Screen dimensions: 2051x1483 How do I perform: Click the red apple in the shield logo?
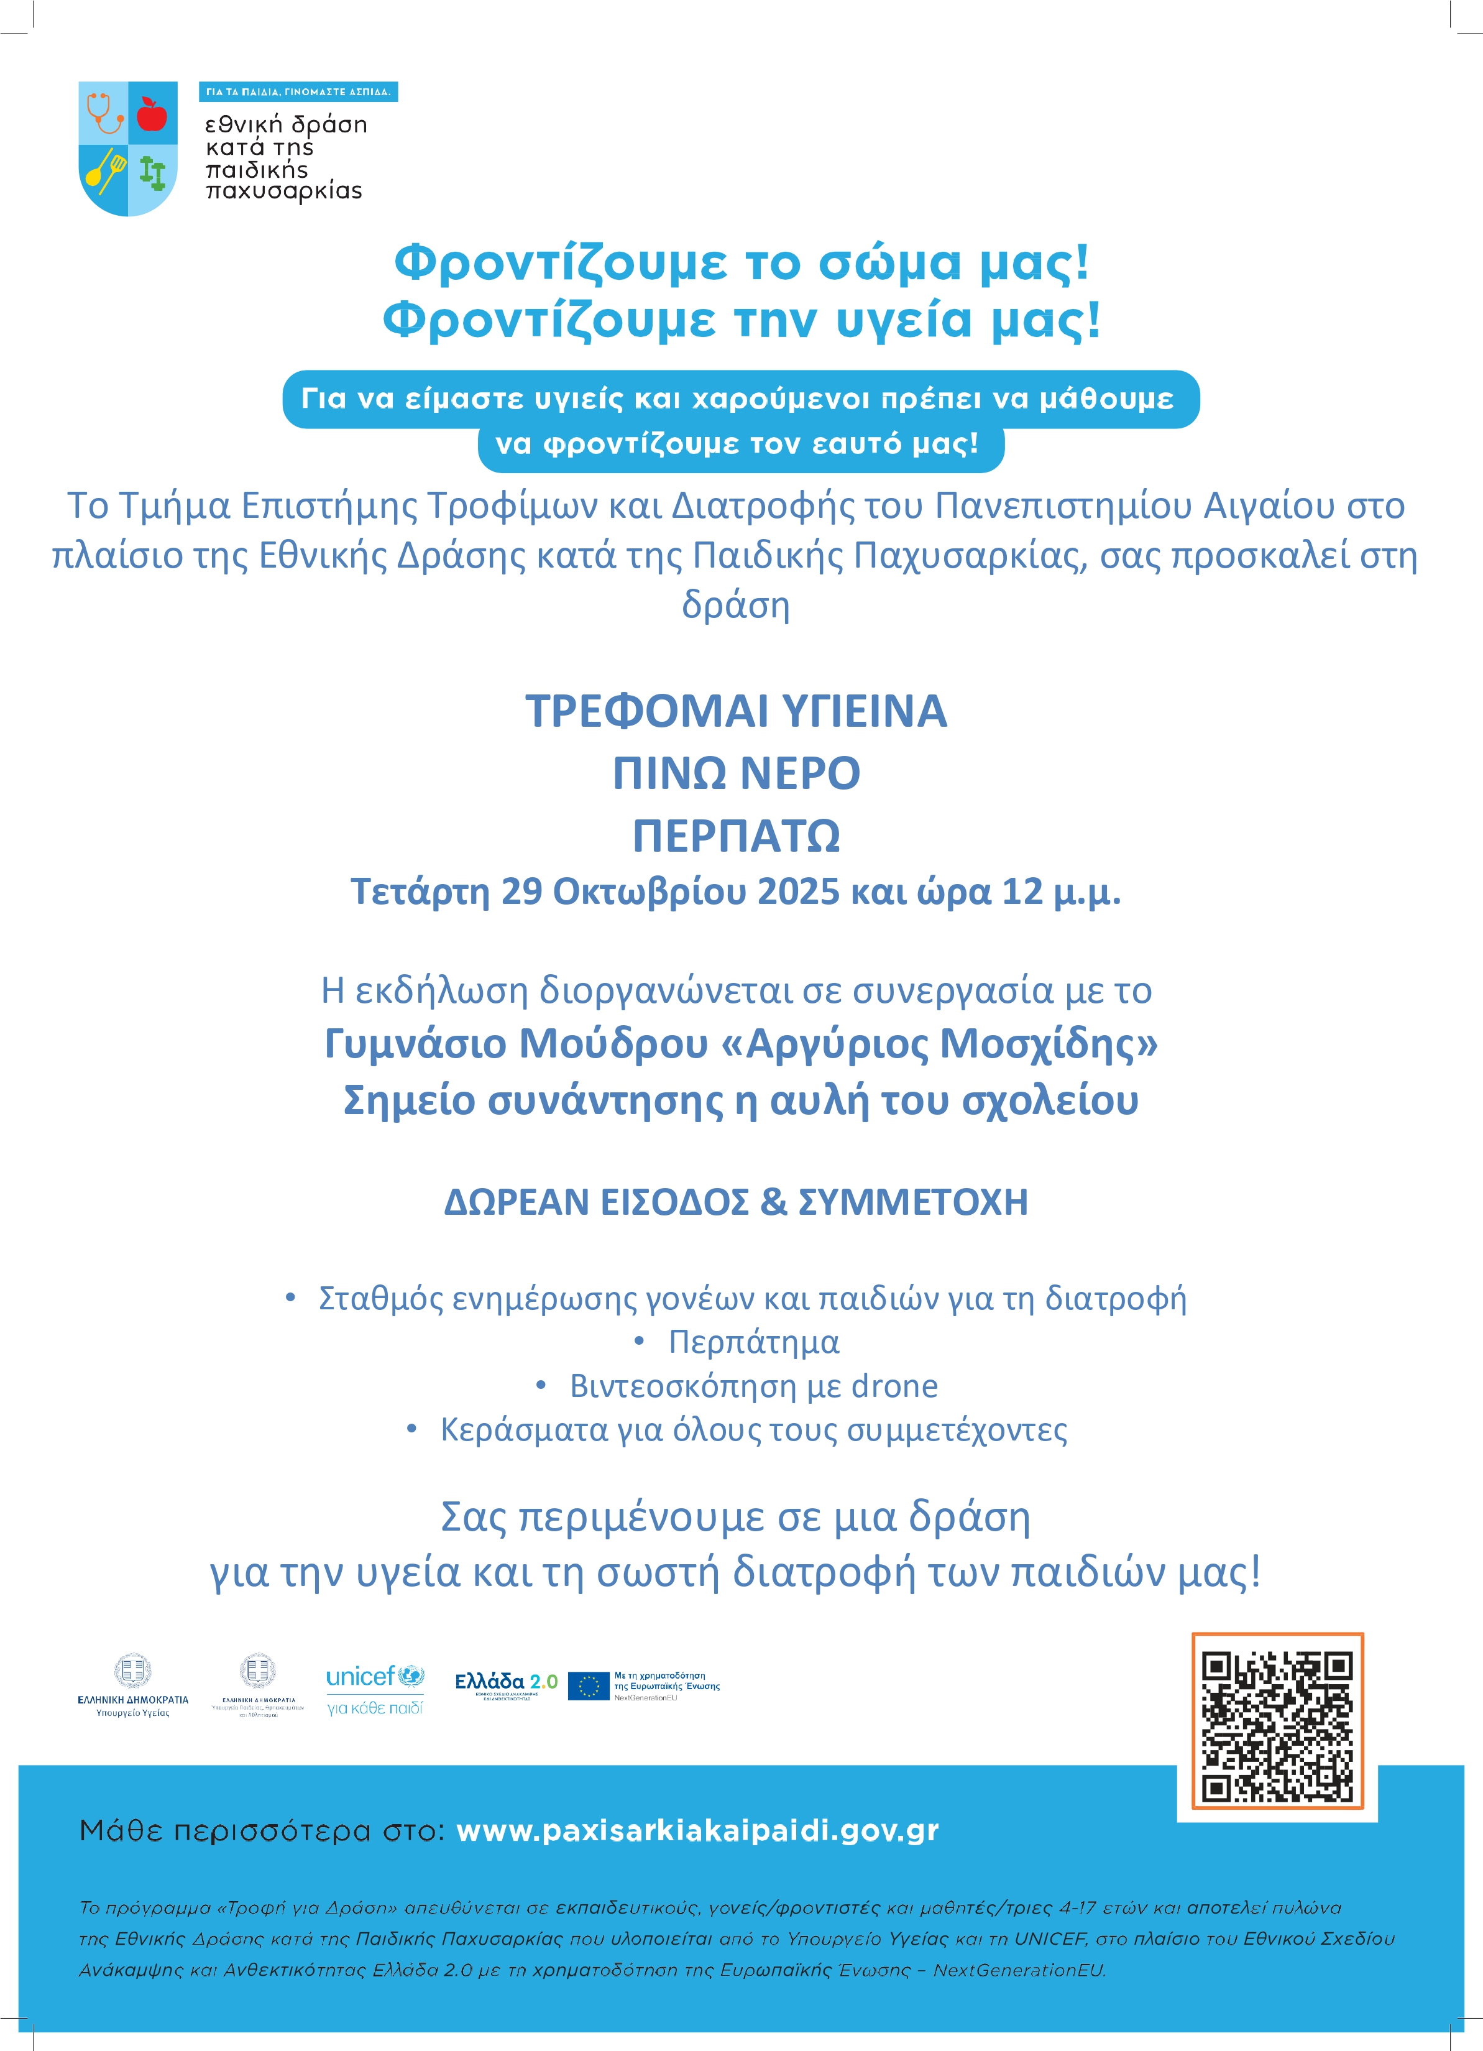pos(152,114)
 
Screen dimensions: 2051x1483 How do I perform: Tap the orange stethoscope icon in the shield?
pos(105,112)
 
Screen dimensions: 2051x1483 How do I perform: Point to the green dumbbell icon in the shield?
pos(153,172)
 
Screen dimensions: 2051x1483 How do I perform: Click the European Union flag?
pos(588,1685)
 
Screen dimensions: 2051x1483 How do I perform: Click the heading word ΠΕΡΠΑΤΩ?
pos(736,836)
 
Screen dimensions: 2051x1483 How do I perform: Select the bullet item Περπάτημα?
pos(753,1342)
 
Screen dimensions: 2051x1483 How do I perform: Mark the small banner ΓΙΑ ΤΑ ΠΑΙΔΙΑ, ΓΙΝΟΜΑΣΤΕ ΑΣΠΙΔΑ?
pos(298,92)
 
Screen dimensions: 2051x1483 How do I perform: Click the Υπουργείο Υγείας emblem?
pos(133,1687)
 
